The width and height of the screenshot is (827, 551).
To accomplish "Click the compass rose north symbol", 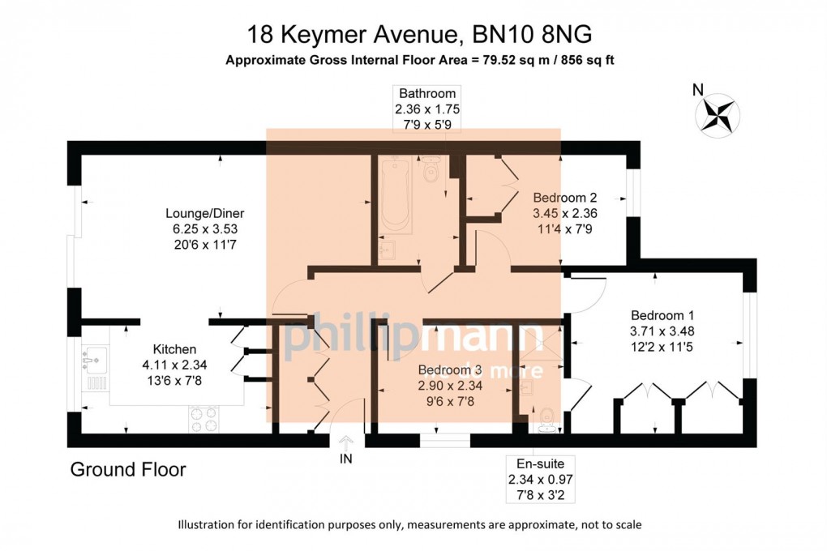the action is pos(718,113).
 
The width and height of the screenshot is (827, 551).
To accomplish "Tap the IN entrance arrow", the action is pos(346,442).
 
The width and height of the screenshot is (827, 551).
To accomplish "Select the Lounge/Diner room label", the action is pos(204,214).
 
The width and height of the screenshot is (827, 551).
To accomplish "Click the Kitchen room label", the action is pos(174,349).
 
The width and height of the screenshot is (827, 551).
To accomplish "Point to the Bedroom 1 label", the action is pos(662,315).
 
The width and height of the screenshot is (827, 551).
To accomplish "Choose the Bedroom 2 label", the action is pos(565,198).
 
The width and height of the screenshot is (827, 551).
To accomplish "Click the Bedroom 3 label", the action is pos(450,369).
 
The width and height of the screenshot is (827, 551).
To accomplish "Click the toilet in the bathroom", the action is pos(431,169).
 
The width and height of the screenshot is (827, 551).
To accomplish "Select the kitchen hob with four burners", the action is pos(204,420).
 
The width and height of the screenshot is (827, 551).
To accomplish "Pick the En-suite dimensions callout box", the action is pos(540,480).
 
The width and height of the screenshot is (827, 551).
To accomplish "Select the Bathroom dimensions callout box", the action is pos(427,109).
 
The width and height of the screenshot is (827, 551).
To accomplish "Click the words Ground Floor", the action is pos(128,469).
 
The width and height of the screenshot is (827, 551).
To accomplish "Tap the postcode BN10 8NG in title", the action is pos(532,35).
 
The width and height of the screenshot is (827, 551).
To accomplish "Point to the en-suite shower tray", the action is pos(540,342).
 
